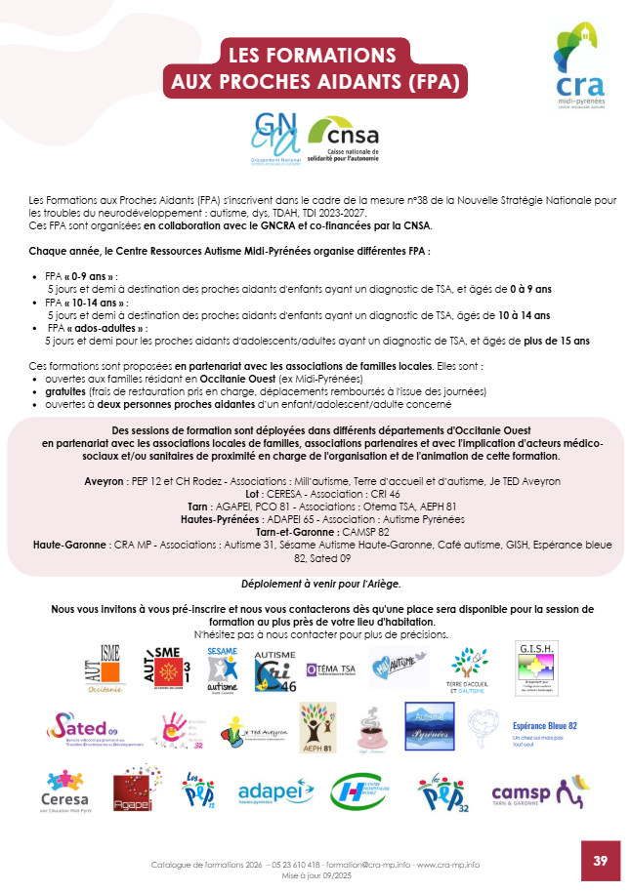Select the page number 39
coord(600,860)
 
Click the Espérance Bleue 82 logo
coord(545,730)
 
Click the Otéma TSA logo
coord(330,669)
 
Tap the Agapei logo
coord(130,791)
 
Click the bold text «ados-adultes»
coord(98,329)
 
